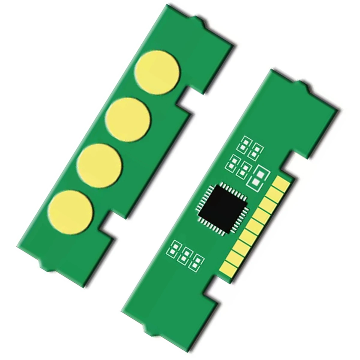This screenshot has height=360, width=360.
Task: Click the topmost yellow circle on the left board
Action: [x=157, y=72]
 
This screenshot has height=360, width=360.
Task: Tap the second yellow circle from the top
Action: [x=128, y=119]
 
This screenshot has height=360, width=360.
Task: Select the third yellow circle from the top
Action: [x=100, y=166]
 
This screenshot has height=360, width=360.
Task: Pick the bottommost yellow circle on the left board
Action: [x=71, y=212]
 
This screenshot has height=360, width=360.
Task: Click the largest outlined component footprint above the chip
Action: [x=258, y=177]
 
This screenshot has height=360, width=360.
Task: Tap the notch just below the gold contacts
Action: [x=217, y=286]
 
